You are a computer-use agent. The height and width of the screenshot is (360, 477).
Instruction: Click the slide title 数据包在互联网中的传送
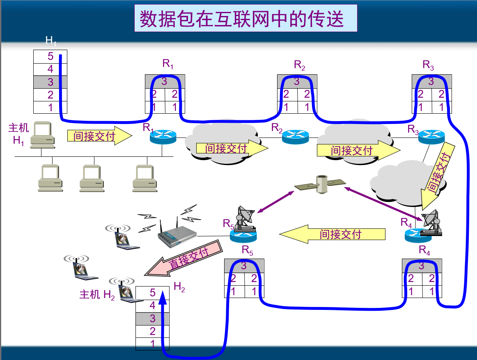[x=245, y=19]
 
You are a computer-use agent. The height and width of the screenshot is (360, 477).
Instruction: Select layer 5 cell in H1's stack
[x=50, y=57]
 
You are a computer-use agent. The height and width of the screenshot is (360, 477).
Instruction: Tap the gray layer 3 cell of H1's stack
[x=50, y=82]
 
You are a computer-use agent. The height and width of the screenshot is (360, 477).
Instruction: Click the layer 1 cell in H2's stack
[x=152, y=344]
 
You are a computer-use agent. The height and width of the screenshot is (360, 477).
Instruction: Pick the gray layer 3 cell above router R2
[x=297, y=81]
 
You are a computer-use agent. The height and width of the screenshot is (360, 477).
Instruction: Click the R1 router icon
[x=163, y=137]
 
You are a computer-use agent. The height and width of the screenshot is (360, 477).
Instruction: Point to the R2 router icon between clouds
[x=295, y=137]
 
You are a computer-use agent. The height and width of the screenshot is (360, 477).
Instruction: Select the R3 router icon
[x=431, y=136]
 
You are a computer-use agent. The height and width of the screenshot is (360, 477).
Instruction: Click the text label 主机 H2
[x=97, y=294]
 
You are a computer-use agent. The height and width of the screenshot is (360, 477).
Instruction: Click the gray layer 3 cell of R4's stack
[x=422, y=266]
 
